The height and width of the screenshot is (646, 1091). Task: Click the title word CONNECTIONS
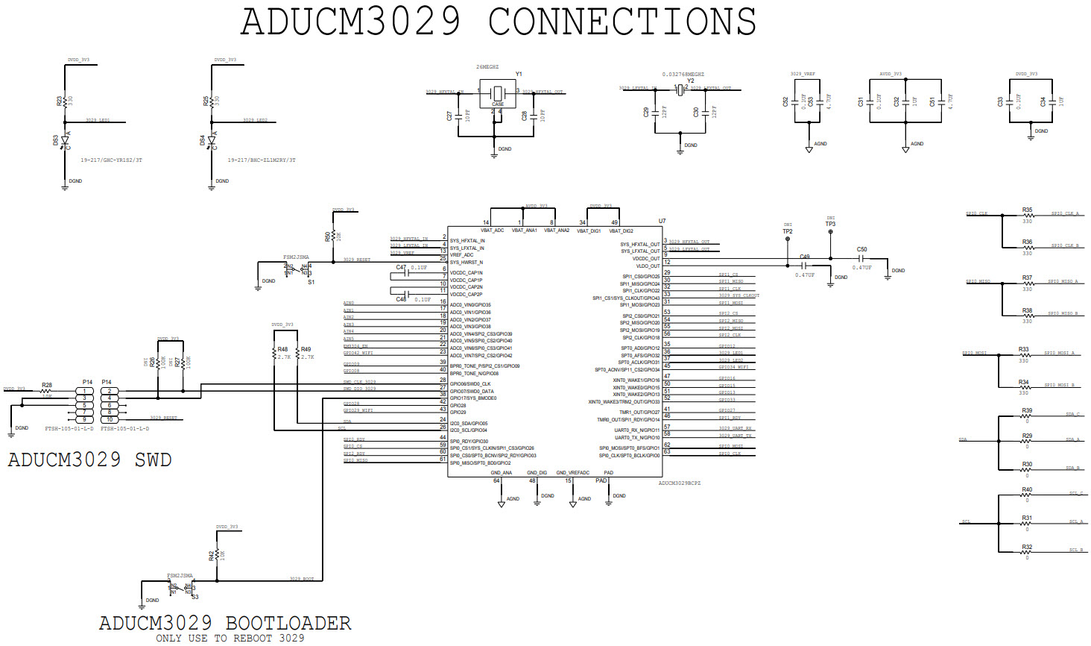[x=622, y=21]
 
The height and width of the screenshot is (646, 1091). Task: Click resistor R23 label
[x=60, y=100]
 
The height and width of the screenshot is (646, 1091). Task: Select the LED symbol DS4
[x=212, y=141]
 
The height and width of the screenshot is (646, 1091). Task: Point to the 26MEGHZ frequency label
[x=487, y=67]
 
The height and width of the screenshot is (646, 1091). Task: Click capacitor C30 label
[x=696, y=112]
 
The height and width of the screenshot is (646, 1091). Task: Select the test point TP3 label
[x=830, y=224]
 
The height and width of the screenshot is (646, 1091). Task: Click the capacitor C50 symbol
[x=861, y=259]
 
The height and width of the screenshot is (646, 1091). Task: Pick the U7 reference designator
[x=662, y=221]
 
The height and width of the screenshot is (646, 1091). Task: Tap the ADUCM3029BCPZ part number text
[x=679, y=483]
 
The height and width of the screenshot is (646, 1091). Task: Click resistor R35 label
[x=1027, y=210]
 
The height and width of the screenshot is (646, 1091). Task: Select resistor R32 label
[x=1027, y=547]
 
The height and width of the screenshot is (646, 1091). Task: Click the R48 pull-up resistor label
[x=282, y=349]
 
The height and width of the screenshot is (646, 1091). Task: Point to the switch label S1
[x=311, y=282]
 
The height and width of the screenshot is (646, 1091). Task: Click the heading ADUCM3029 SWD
[x=89, y=460]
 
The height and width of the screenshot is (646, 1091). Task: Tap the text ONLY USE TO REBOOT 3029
[x=230, y=638]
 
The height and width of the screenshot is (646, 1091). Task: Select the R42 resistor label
[x=212, y=555]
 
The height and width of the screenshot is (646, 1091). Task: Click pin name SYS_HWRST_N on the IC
[x=467, y=263]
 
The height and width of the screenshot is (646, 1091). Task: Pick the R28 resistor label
[x=47, y=385]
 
